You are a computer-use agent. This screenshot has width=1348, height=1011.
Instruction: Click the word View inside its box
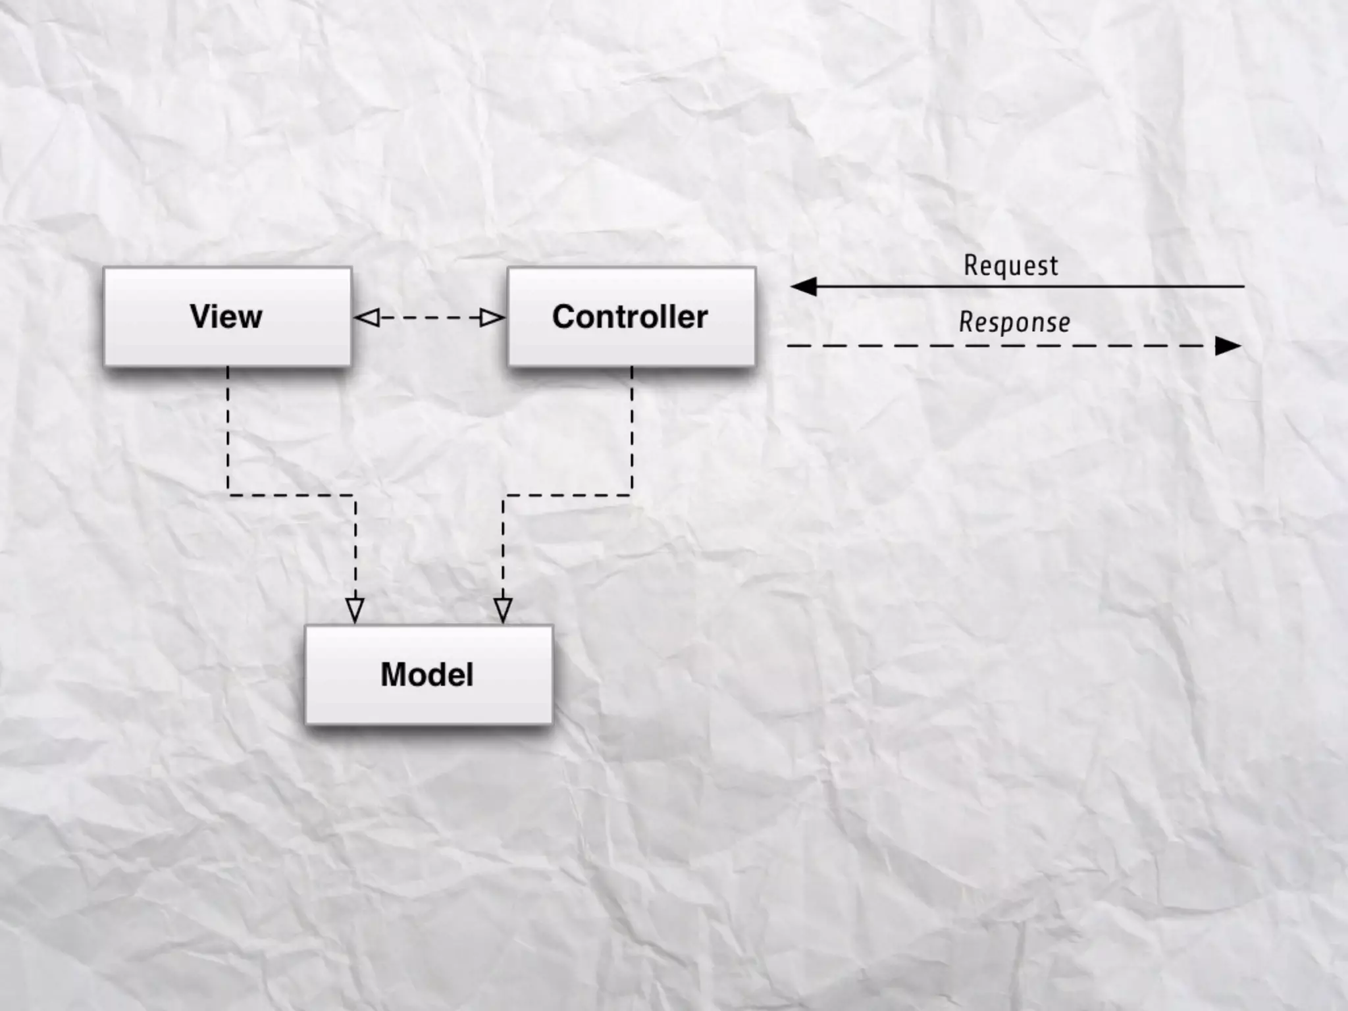(226, 317)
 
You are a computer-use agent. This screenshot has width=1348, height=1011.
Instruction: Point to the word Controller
(630, 317)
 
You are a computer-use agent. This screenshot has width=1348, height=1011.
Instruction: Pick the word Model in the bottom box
(427, 675)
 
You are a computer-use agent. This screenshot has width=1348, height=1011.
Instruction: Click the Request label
(1011, 265)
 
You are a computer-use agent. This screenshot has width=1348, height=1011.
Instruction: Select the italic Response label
(1014, 323)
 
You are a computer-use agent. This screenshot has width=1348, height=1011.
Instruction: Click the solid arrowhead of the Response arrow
(1227, 346)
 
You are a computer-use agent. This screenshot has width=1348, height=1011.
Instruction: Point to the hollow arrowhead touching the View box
(367, 318)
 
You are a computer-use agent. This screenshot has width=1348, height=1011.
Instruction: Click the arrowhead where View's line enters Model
(355, 610)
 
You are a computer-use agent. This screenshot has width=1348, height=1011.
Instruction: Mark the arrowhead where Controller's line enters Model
(503, 610)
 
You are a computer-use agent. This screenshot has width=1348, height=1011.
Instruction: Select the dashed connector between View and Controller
(429, 318)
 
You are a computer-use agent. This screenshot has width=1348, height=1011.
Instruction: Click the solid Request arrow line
(1027, 286)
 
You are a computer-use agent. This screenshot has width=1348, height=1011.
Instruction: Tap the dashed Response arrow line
(1000, 346)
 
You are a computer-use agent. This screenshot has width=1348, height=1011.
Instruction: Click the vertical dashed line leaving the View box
(228, 428)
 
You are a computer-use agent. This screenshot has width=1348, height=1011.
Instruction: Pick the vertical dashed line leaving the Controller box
(632, 428)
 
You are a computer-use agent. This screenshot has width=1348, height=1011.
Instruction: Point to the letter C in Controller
(565, 317)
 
